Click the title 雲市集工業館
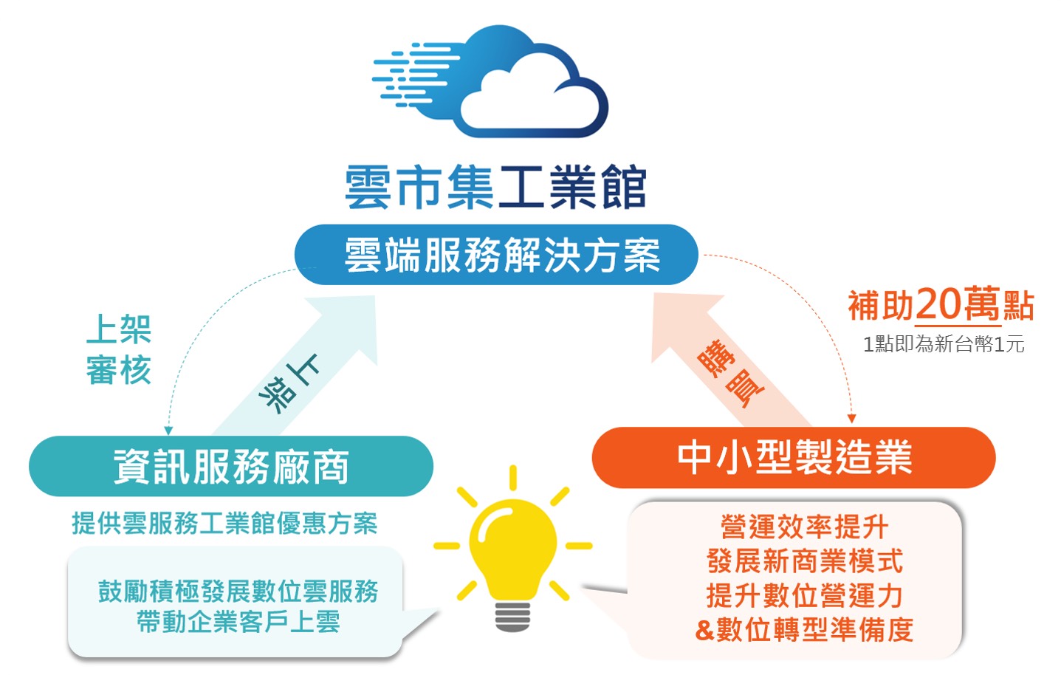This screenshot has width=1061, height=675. (x=495, y=187)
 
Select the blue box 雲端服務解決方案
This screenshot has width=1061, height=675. (x=496, y=255)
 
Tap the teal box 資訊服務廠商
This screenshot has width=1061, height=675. (x=231, y=466)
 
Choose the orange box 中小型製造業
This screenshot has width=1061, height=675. (x=794, y=457)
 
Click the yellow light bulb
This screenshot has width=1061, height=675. (x=512, y=549)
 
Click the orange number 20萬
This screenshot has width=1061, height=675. (x=958, y=304)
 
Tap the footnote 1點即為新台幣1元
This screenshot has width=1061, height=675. (x=944, y=344)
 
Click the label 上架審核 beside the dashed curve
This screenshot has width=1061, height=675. (x=118, y=349)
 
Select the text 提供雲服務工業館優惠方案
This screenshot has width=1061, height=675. (x=224, y=523)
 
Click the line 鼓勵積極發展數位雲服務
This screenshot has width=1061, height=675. (x=238, y=591)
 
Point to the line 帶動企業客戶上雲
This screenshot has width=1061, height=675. (x=238, y=622)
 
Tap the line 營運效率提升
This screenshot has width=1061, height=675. (x=804, y=527)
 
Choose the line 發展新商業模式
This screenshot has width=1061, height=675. (x=804, y=561)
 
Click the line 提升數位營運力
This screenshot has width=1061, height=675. (x=804, y=595)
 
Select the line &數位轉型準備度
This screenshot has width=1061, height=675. (x=804, y=629)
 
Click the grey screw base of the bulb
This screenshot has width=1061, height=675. (x=512, y=617)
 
